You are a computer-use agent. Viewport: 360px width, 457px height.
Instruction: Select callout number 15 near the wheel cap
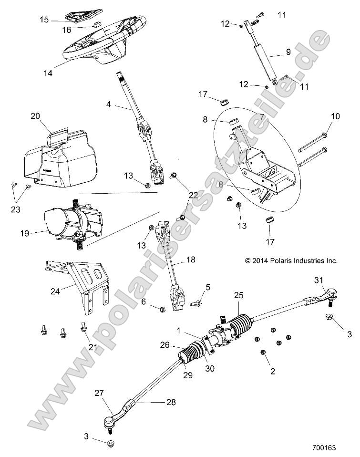point(44,20)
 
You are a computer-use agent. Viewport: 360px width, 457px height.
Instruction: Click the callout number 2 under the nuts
point(273,371)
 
